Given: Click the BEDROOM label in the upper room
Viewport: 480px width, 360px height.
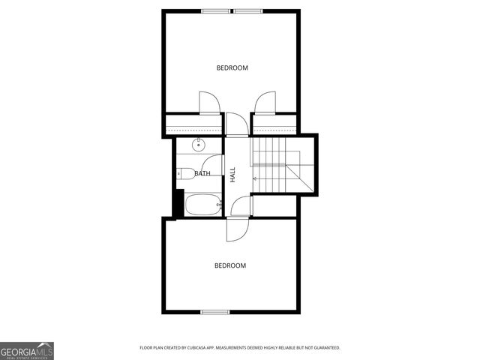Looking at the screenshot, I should click(x=232, y=68).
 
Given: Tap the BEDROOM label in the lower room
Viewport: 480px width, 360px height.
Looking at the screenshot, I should click(x=230, y=265).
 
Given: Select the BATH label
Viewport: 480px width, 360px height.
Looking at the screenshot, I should click(x=202, y=174).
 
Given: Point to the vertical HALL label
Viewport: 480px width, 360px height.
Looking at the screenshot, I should click(x=233, y=174).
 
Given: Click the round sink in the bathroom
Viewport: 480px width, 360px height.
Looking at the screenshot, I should click(x=199, y=145).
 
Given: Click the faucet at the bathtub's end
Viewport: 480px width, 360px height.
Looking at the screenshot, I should click(x=219, y=204).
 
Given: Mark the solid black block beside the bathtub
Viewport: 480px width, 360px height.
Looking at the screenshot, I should click(x=178, y=202).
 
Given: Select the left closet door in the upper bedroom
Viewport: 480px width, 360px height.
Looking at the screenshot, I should click(x=209, y=102).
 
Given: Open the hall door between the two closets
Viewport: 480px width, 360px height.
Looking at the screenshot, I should click(x=235, y=124).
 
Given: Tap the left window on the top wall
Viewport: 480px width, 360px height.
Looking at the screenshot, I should click(x=215, y=10).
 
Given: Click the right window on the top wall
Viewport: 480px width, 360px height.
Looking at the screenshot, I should click(x=247, y=10).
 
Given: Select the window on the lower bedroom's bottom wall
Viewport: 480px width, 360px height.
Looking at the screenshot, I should click(x=214, y=311).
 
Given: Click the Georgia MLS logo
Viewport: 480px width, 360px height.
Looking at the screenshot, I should click(x=27, y=350).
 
